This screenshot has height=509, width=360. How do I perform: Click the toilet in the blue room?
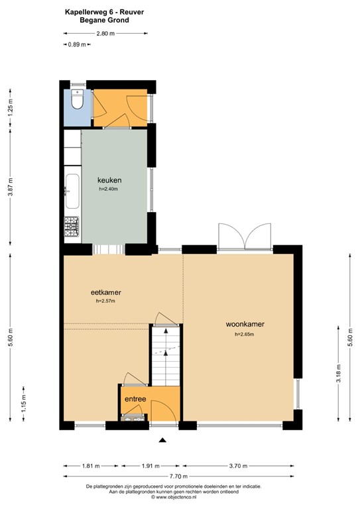click(76, 101)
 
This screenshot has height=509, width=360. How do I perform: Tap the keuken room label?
click(109, 180)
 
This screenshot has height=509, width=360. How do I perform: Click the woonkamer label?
click(245, 324)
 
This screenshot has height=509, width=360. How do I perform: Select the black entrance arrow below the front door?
click(162, 439)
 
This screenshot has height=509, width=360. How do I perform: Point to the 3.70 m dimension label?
click(240, 465)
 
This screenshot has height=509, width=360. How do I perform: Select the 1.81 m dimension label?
click(92, 465)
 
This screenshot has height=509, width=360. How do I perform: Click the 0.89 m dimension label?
click(76, 44)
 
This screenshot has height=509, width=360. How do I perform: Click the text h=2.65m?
click(245, 335)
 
